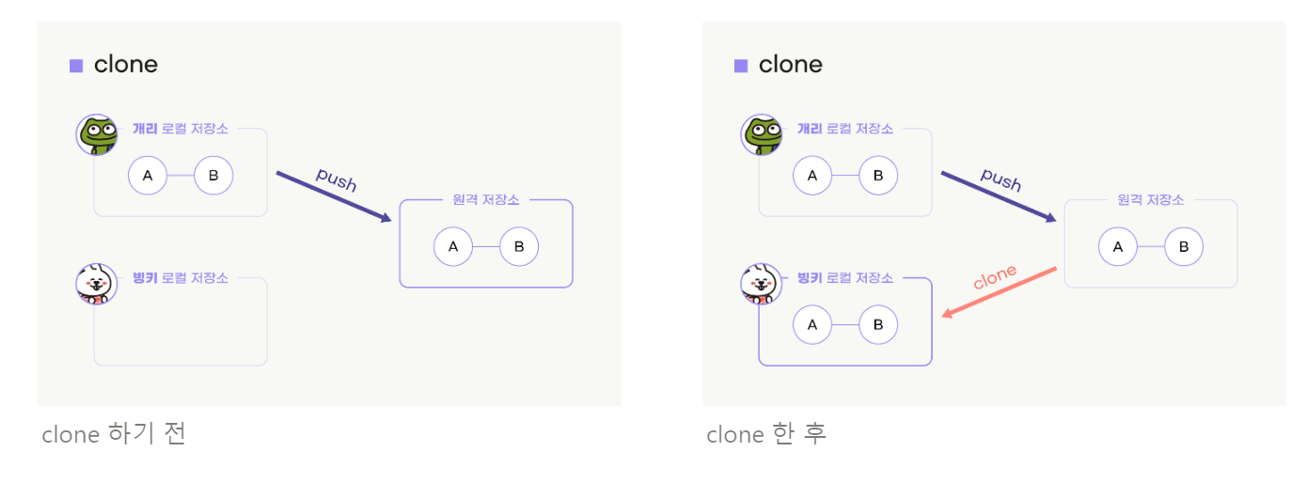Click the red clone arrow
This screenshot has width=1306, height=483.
(999, 292)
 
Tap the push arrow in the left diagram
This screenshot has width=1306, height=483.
(334, 197)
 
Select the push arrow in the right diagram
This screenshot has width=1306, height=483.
(999, 197)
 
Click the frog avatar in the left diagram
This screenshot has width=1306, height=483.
(97, 134)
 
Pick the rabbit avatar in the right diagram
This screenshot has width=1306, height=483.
(762, 284)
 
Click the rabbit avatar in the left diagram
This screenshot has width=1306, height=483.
(97, 284)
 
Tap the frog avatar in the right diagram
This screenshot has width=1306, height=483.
(762, 134)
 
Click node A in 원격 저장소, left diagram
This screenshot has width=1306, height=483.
(453, 246)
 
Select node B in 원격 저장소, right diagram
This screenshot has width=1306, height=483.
(1184, 246)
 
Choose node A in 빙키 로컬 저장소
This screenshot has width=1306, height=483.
(812, 325)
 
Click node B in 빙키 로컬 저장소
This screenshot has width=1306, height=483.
(878, 325)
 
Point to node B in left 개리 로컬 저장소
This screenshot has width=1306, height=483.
(213, 175)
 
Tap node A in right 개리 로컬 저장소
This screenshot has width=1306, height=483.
(812, 175)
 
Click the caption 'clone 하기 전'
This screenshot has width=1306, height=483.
(114, 434)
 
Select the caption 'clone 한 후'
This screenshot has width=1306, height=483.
(766, 434)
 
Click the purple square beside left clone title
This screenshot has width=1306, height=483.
(76, 66)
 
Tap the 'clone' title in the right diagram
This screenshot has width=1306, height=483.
(790, 65)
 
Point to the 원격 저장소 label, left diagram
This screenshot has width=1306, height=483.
(486, 200)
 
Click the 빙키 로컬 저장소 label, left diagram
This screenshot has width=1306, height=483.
(181, 278)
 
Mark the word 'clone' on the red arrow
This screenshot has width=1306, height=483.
(995, 276)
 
